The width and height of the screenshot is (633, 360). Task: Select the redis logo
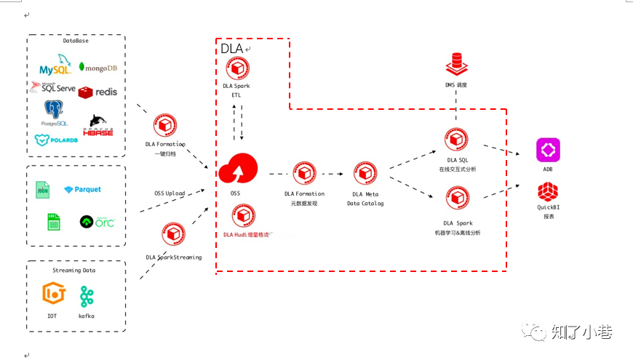[97, 92]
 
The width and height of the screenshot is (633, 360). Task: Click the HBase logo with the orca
[100, 125]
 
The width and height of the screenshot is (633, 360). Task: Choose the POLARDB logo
[56, 140]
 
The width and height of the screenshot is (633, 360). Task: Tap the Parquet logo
[83, 190]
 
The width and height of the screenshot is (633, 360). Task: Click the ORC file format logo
[97, 221]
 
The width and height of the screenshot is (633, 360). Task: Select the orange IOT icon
[54, 295]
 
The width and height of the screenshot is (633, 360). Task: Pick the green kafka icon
[87, 296]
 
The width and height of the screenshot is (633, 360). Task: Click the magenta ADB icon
[548, 150]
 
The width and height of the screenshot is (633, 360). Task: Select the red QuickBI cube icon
[548, 193]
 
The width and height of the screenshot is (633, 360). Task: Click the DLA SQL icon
[457, 140]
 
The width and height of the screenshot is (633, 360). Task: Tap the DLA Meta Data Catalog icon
[365, 172]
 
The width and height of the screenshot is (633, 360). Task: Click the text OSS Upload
[169, 193]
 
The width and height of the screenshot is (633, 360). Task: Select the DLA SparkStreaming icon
[173, 235]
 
